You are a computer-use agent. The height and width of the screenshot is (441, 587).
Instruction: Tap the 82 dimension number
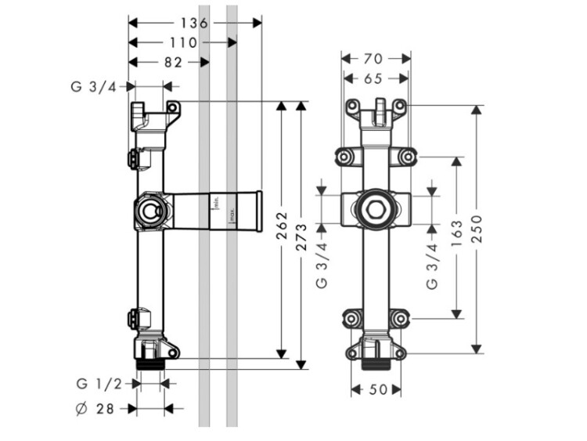coord(173,62)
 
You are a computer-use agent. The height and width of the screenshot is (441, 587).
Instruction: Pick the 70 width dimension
coord(376,58)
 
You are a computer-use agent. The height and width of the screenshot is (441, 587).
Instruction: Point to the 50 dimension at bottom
coord(376,390)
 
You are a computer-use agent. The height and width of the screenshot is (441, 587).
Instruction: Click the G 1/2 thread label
coord(99,384)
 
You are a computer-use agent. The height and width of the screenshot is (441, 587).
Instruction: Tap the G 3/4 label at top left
coord(92,86)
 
